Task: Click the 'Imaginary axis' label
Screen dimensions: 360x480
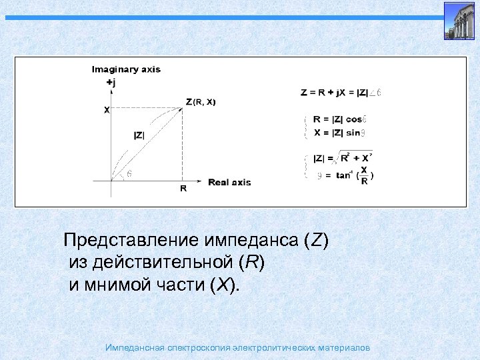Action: pos(126,69)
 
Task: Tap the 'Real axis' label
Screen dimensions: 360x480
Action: pos(229,181)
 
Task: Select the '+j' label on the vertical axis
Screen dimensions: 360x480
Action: pos(111,83)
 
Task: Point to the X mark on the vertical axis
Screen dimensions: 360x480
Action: pos(107,111)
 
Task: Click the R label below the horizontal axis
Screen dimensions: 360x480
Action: pos(183,189)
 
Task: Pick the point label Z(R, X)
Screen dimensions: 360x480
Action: pos(201,102)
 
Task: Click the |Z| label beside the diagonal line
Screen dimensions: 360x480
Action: pos(139,135)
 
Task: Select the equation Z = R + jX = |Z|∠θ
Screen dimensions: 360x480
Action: pos(341,92)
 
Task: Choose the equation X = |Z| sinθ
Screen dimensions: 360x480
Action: pos(337,132)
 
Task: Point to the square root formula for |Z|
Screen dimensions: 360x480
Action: pos(343,158)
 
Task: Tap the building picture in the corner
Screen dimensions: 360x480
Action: pos(459,20)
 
